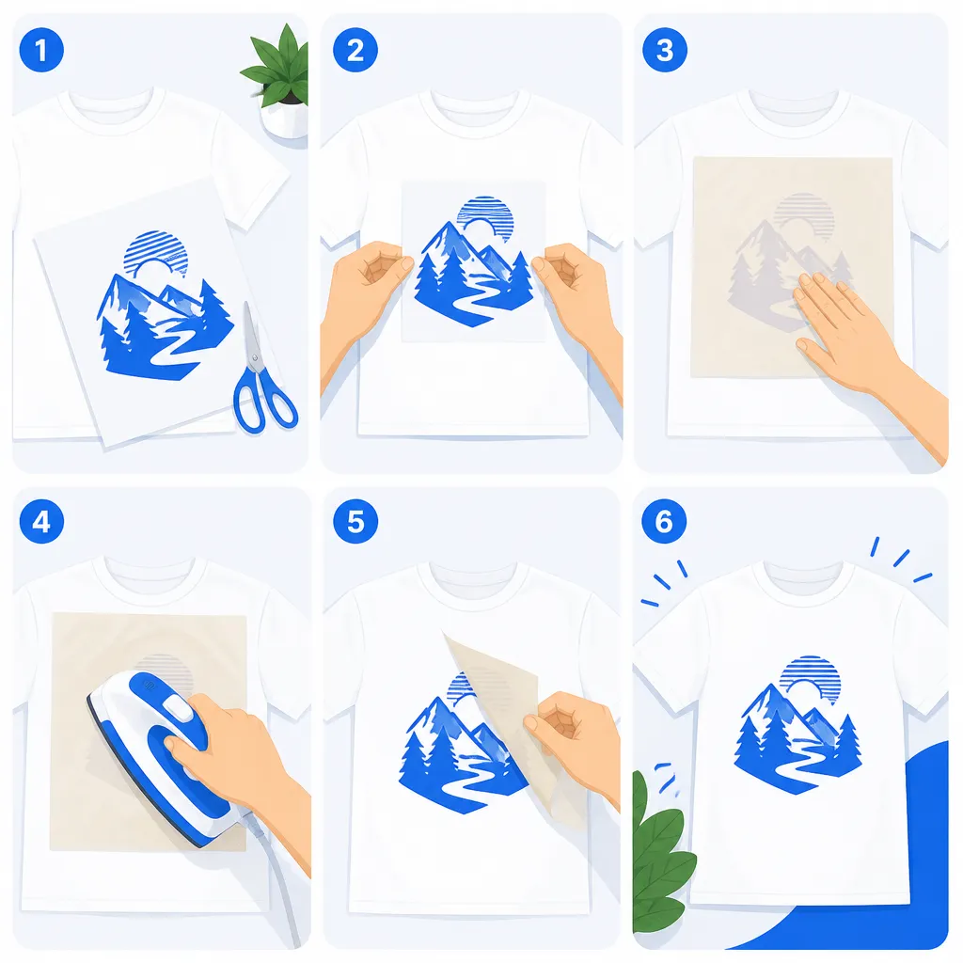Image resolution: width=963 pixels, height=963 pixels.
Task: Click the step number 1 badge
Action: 41,51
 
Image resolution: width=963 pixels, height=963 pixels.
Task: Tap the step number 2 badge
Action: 355,51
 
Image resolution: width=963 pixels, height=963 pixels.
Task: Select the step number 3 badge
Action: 665,51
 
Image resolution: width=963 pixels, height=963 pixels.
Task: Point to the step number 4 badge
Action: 41,521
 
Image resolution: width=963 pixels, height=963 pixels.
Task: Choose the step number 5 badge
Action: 355,521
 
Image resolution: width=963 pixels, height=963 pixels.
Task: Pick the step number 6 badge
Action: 664,521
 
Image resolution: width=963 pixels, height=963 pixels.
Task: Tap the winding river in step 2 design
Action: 466,300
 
